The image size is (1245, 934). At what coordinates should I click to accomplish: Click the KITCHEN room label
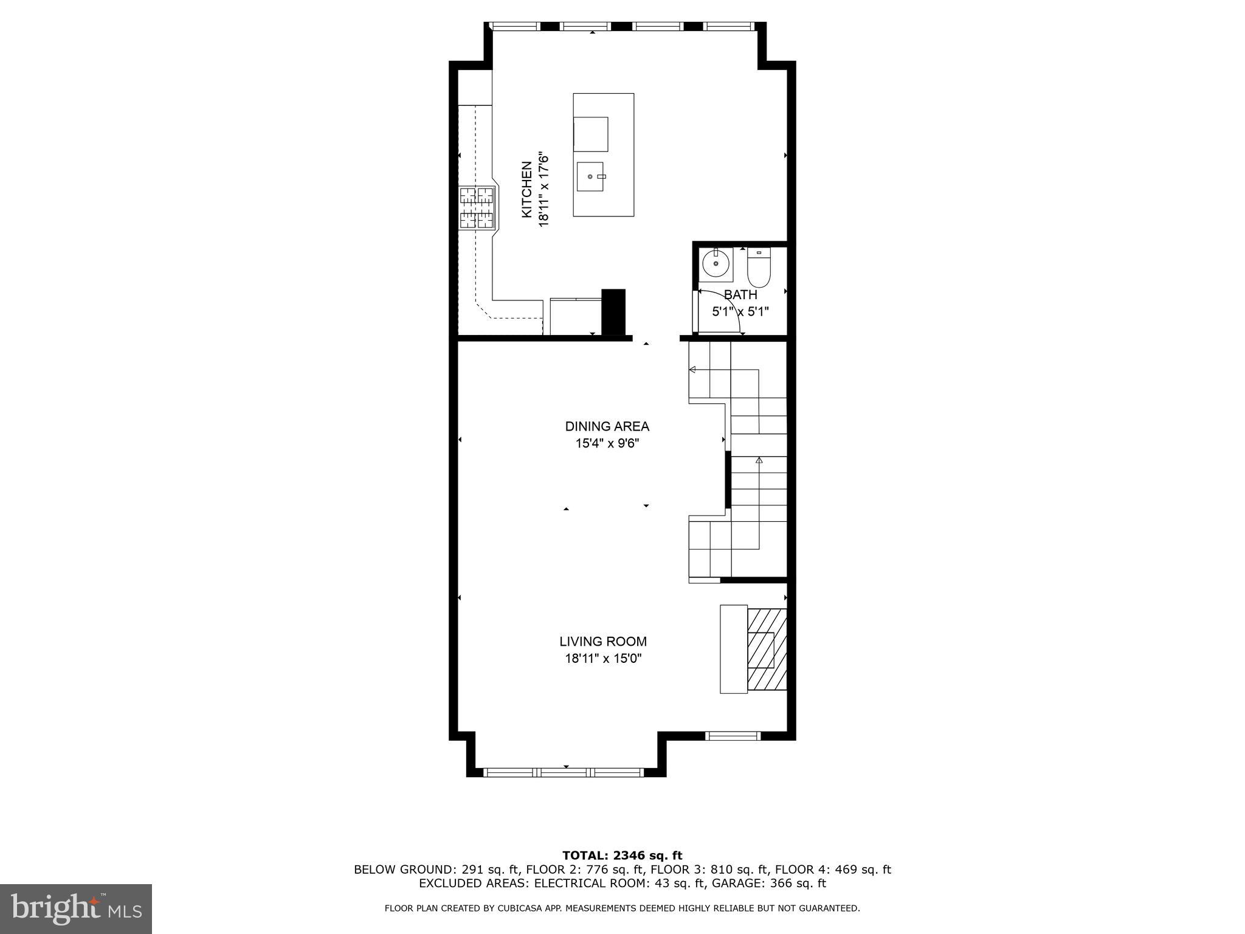coord(526,189)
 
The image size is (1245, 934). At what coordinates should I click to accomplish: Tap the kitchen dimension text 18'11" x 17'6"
coord(543,190)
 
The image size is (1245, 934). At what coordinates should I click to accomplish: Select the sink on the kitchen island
coord(590,176)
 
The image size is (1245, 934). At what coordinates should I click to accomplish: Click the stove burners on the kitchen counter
coord(477,208)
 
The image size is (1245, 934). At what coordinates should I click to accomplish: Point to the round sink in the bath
coord(716,264)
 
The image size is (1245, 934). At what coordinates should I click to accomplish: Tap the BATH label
coord(740,295)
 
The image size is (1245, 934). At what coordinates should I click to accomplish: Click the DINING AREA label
coord(607,426)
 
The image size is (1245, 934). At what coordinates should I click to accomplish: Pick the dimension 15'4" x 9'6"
coord(607,444)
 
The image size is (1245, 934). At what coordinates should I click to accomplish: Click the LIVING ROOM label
coord(603,642)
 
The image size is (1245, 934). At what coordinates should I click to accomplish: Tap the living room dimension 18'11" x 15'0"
coord(603,658)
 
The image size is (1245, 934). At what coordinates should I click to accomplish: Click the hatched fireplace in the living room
coord(767,649)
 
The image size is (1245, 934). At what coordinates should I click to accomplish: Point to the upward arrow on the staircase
coord(759,461)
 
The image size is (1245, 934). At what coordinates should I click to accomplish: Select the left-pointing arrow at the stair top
coord(692,369)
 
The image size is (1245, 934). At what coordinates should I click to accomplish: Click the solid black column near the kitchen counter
coord(613,311)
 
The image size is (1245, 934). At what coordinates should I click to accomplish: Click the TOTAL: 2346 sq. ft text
coord(622,856)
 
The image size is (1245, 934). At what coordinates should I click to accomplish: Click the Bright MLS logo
coord(76,908)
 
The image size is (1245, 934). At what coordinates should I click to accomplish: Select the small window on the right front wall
coord(733,736)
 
